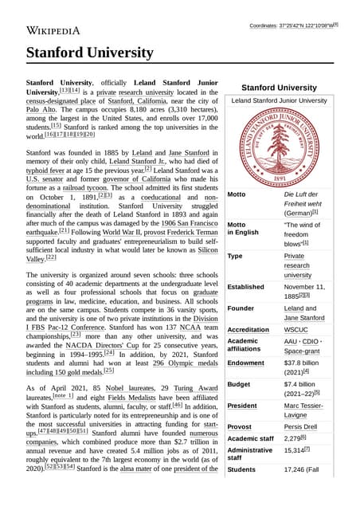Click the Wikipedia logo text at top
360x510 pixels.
pyautogui.click(x=53, y=31)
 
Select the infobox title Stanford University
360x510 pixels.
pyautogui.click(x=279, y=87)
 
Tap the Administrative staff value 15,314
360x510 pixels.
pyautogui.click(x=296, y=450)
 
